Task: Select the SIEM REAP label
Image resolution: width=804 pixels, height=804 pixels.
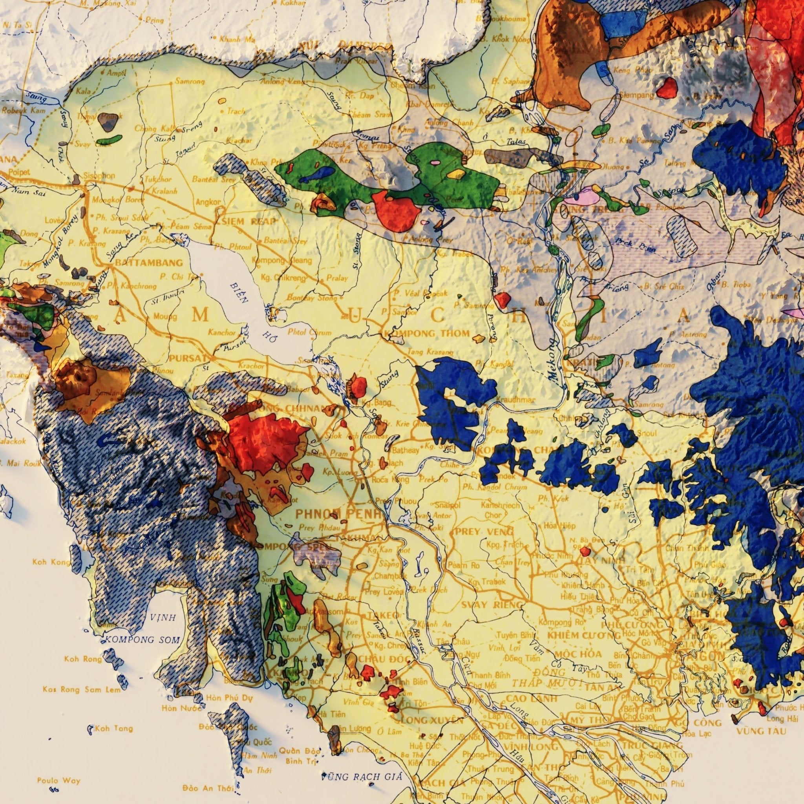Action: point(246,222)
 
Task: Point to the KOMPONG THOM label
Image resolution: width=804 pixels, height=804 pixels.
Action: point(428,333)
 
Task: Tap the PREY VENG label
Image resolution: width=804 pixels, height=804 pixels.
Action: point(479,532)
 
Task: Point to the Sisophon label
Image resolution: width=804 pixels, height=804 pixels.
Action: point(99,175)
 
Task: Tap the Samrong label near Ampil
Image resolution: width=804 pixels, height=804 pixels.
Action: point(189,82)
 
